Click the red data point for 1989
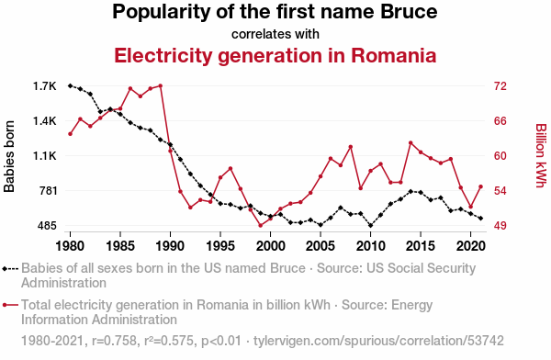tap(160, 85)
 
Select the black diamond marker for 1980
tap(71, 85)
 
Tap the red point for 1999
tap(261, 225)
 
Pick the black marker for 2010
tap(371, 225)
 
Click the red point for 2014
tap(410, 142)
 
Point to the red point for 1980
tap(71, 134)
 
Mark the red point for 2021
tap(480, 186)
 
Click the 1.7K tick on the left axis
tap(45, 86)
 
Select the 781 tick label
tap(48, 191)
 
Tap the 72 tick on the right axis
tap(500, 86)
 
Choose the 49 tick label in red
tap(500, 226)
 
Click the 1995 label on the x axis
tap(220, 246)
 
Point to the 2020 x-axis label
tap(471, 246)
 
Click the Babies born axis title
tap(9, 156)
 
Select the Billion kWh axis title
tap(541, 155)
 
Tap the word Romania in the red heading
tap(394, 55)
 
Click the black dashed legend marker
tap(10, 269)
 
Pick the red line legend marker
tap(10, 305)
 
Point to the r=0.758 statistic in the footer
tap(115, 341)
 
